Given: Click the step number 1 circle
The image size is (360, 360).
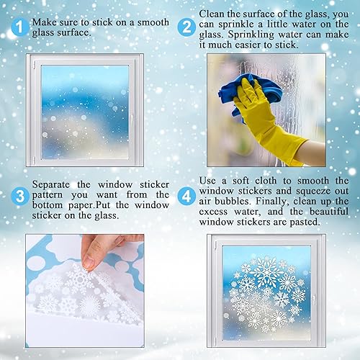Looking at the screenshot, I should [x=20, y=27].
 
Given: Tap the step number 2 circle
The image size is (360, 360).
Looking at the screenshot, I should [x=187, y=27].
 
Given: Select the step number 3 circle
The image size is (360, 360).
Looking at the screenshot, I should [x=20, y=194].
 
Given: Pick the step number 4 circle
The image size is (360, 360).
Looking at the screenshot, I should [x=187, y=194].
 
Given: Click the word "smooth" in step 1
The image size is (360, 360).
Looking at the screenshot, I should [x=153, y=22].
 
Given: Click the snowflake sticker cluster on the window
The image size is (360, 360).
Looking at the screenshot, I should [x=266, y=295].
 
